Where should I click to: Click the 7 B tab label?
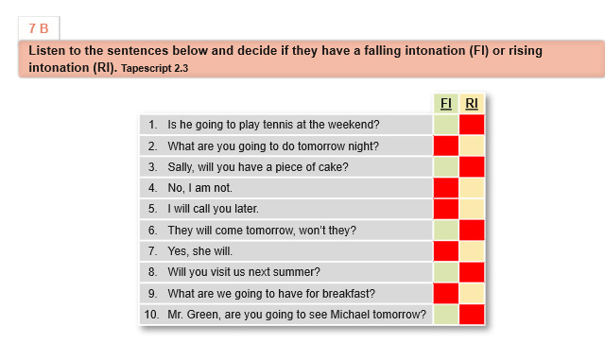39,28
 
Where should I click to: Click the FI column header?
445,103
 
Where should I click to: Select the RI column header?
472,103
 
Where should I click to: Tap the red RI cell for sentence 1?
472,125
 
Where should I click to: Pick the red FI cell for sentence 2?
446,146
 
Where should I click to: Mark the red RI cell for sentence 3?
472,166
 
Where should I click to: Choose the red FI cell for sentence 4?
446,188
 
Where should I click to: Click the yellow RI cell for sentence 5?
472,209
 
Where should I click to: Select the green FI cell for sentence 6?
446,230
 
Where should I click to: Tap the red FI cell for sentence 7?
446,251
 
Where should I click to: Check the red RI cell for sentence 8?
472,272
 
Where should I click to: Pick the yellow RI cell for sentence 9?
472,293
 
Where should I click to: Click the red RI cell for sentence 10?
472,315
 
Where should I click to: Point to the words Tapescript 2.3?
154,69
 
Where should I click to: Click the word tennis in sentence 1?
268,125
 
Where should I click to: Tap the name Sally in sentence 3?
181,167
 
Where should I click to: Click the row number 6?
153,231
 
